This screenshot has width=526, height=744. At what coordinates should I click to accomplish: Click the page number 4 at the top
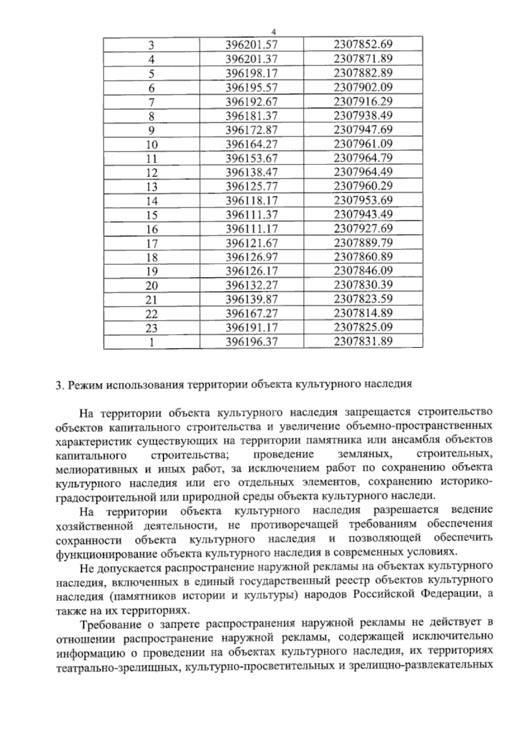click(x=274, y=32)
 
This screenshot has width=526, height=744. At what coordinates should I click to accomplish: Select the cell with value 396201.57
click(x=252, y=45)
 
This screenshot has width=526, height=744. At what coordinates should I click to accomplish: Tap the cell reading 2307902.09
click(x=363, y=87)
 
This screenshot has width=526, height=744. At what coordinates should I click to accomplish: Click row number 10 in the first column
click(x=152, y=145)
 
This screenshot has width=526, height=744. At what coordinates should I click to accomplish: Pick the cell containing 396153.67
click(x=252, y=158)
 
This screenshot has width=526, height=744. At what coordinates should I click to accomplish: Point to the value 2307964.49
click(x=363, y=172)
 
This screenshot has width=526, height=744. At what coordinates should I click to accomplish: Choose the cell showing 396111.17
click(x=252, y=228)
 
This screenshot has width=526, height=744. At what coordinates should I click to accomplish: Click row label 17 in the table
click(x=152, y=243)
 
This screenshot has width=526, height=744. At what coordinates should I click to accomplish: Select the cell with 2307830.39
click(x=363, y=285)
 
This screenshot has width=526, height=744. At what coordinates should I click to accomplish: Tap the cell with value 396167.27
click(x=252, y=313)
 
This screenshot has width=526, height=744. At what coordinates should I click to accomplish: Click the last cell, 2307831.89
click(x=363, y=341)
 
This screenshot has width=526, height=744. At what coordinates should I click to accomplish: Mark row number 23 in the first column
click(x=152, y=328)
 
